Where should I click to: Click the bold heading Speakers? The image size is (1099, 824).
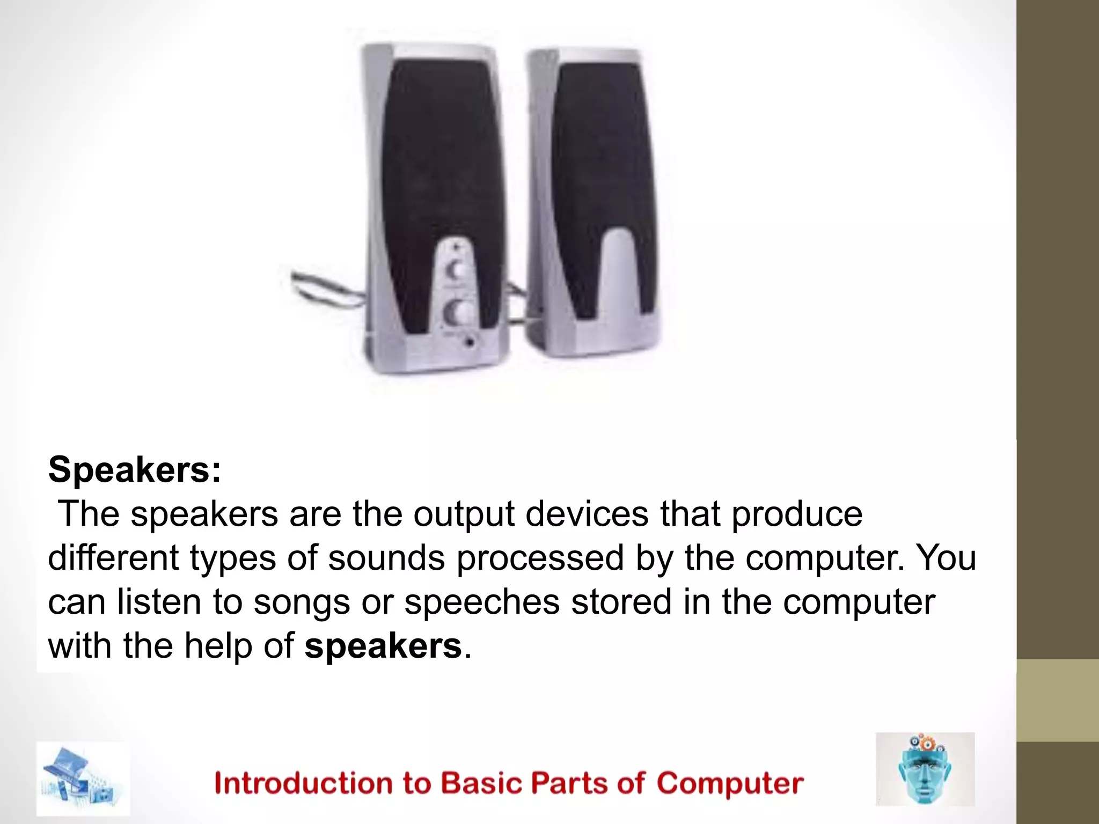pyautogui.click(x=134, y=470)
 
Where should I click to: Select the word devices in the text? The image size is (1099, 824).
pyautogui.click(x=587, y=514)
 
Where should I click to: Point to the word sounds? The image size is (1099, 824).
pyautogui.click(x=386, y=558)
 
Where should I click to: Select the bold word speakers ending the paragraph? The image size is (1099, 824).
pyautogui.click(x=383, y=646)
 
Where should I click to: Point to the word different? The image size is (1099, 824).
pyautogui.click(x=113, y=558)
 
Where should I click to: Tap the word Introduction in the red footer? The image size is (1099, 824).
pyautogui.click(x=304, y=783)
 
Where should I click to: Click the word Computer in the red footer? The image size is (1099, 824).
pyautogui.click(x=730, y=783)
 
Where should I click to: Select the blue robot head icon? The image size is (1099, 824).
pyautogui.click(x=925, y=770)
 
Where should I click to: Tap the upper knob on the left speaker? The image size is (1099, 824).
pyautogui.click(x=457, y=270)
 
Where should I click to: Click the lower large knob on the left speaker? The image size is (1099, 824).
pyautogui.click(x=457, y=313)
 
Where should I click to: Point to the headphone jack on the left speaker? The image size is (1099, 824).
pyautogui.click(x=470, y=341)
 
